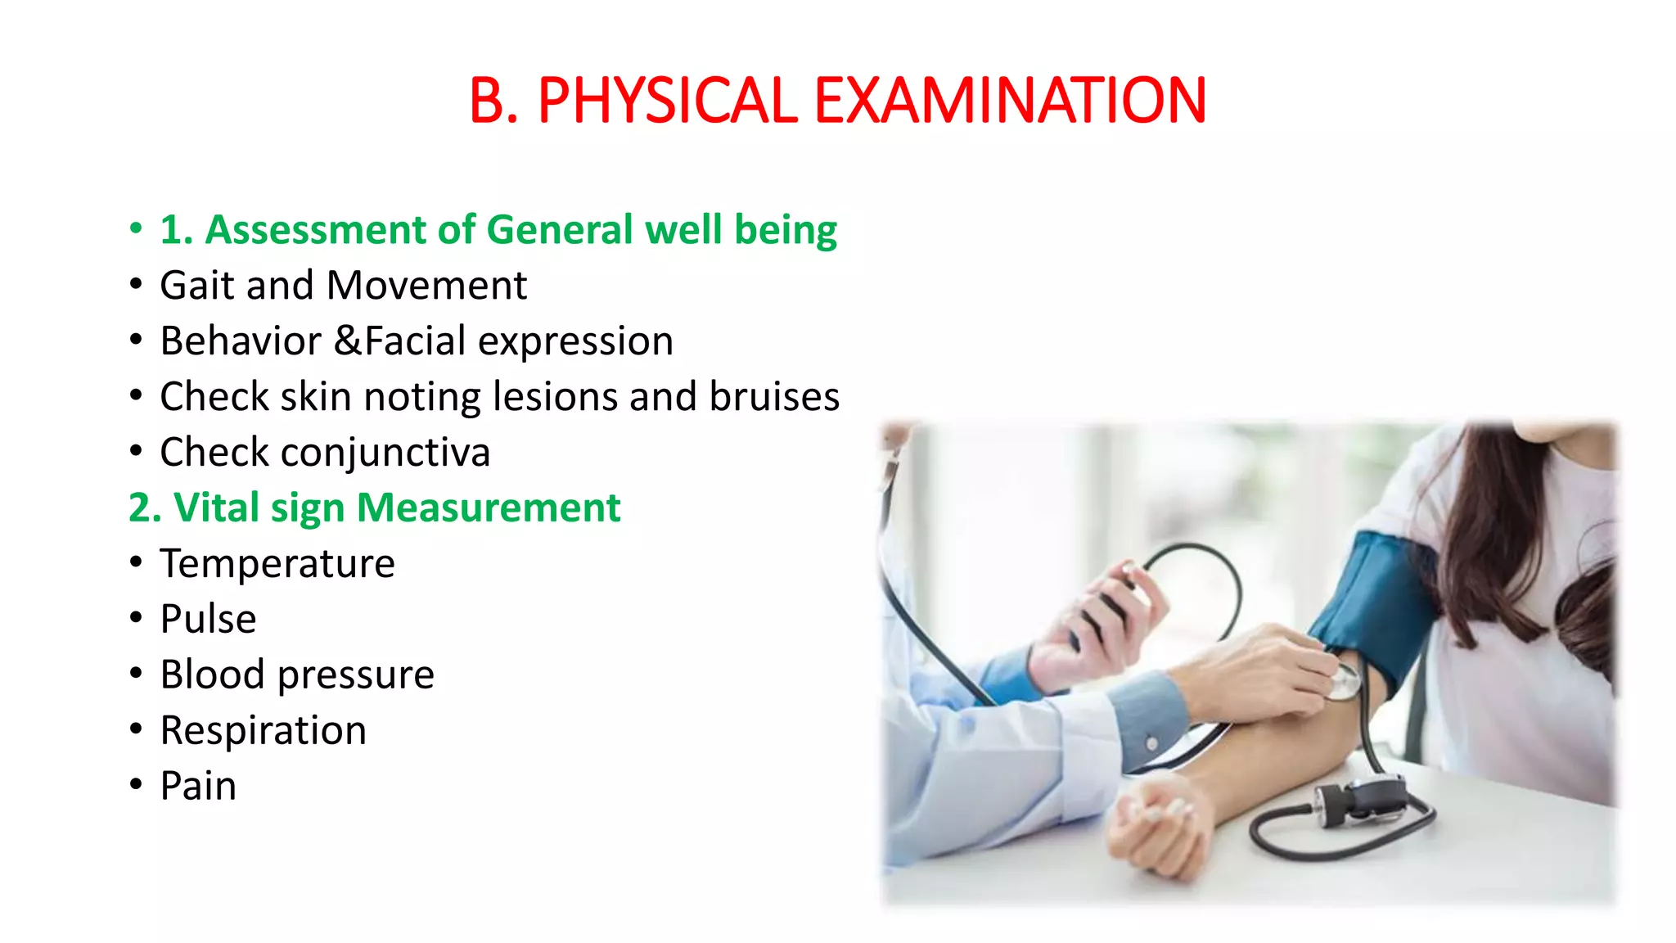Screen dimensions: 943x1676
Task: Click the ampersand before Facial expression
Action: [x=348, y=341]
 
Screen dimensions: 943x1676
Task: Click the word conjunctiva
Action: [x=385, y=453]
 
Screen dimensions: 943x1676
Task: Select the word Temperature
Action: [x=277, y=564]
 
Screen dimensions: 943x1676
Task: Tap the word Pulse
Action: [x=208, y=619]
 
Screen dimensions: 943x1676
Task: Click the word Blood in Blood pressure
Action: [x=212, y=675]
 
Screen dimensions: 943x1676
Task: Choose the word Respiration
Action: [x=263, y=730]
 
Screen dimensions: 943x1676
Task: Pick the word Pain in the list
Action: [x=198, y=786]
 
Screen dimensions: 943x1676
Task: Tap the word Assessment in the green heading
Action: [x=315, y=229]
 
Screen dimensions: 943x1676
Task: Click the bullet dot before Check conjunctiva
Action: [x=136, y=451]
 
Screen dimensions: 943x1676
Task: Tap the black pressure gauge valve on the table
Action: [x=1358, y=798]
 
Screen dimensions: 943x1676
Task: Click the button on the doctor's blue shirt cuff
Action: [x=1151, y=744]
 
